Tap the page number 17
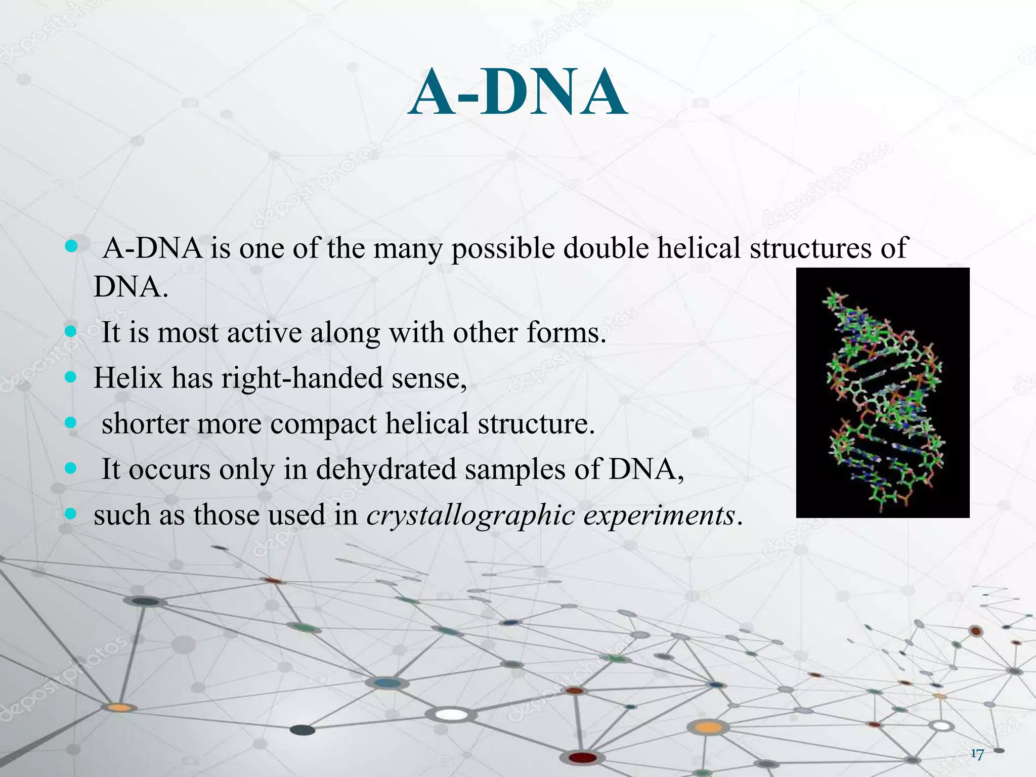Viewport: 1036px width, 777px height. point(977,754)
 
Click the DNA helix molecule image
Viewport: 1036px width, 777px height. point(882,393)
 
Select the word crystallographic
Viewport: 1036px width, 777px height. point(470,516)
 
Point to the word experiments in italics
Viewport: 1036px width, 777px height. point(659,516)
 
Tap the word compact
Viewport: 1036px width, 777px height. point(323,424)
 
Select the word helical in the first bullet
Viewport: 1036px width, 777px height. point(699,248)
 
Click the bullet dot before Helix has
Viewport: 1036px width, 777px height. point(71,377)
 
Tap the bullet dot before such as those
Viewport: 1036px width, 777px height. point(71,514)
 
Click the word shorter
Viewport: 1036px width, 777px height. point(145,424)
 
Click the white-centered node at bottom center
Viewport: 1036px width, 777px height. point(452,715)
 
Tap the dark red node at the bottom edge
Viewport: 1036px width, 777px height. point(583,757)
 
